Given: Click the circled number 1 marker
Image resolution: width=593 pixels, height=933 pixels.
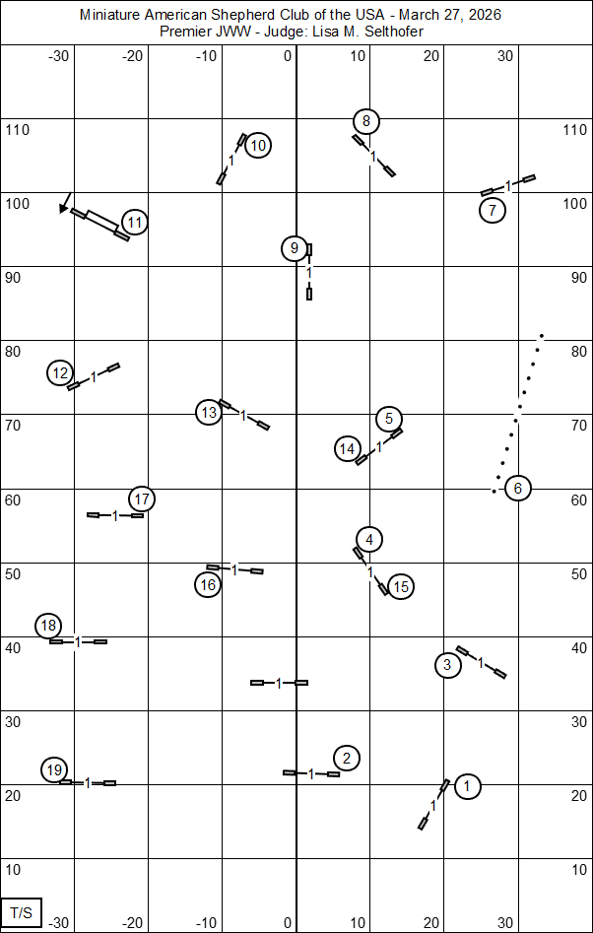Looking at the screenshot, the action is coord(467,786).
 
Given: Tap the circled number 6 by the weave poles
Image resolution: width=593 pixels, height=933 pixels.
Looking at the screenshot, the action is coord(518,488).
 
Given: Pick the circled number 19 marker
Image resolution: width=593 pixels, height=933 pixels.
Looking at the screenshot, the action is coord(55,769).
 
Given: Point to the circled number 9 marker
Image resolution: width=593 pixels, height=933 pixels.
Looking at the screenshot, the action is coord(294,248).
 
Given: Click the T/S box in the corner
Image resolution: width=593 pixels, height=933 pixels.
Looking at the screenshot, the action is coord(22,912).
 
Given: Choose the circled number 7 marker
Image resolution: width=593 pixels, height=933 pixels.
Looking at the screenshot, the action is coord(493,210).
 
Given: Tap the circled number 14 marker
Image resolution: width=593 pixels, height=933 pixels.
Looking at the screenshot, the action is coord(347,449).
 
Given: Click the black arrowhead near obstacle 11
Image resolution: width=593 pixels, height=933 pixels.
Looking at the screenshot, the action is coord(64,207).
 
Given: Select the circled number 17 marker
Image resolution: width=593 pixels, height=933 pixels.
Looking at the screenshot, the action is coord(142,499).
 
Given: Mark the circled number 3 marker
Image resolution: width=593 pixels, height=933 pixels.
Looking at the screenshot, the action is coord(447,665).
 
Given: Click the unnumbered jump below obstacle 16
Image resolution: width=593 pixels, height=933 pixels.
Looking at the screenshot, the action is coord(279,682).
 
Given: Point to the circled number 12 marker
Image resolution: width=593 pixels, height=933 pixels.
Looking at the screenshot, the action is coord(61,372).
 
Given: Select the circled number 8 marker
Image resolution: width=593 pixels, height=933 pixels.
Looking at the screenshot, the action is coord(366,121).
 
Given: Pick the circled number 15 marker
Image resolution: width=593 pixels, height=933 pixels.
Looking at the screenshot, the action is coord(400,587).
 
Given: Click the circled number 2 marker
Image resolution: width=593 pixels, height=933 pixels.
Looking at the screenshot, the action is coord(347,758).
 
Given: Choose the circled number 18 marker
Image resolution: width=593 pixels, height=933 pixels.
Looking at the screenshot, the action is coord(48,626).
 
